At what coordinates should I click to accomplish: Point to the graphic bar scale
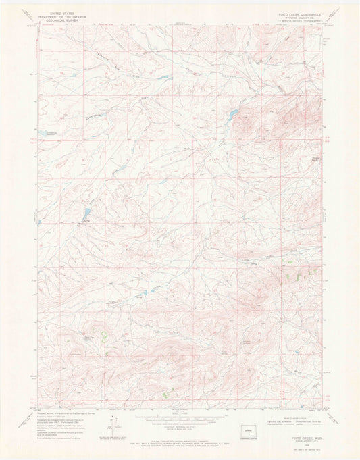(x=180, y=415)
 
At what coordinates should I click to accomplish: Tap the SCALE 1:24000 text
(x=180, y=411)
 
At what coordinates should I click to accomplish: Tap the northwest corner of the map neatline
(x=38, y=27)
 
